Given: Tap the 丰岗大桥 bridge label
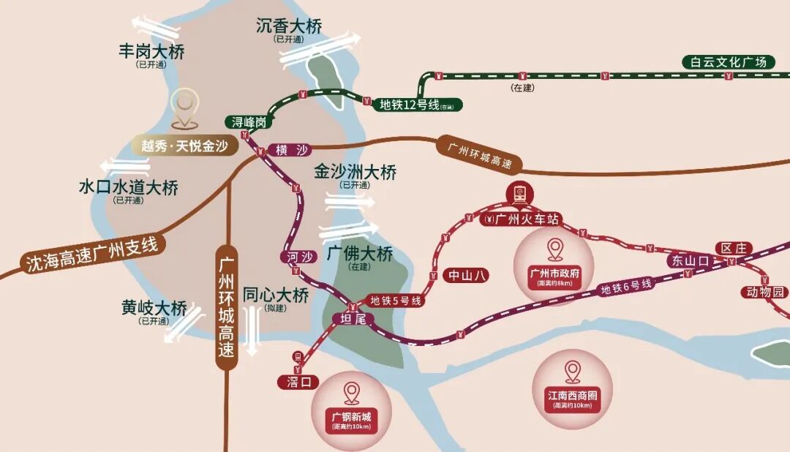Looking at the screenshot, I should (x=151, y=52).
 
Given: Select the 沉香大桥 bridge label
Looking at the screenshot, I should (x=289, y=26).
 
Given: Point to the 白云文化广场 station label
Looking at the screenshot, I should (x=728, y=62).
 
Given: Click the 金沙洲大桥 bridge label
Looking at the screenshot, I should (x=355, y=173).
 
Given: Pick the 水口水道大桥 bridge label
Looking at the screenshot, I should (x=128, y=188).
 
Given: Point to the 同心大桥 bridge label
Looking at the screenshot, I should (x=276, y=295).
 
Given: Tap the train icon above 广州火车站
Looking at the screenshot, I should (x=521, y=194).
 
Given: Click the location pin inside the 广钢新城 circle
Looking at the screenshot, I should (x=352, y=393).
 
